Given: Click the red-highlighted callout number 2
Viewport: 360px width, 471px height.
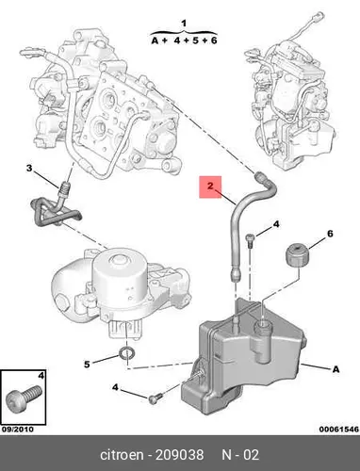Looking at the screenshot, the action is pos(210,186).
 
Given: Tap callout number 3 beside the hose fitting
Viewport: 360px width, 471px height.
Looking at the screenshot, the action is pos(29,169).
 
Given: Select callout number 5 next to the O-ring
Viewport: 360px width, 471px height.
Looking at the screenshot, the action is pos(87,365).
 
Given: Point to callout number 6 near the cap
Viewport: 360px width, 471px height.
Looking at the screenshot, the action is pos(330,234).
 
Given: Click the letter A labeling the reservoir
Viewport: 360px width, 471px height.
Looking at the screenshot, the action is pos(335,369).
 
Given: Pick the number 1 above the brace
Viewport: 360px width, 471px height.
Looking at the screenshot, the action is pos(184,24).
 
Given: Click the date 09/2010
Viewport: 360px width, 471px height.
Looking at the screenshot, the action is pos(18,430).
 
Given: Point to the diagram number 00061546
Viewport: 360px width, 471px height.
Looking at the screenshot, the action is pos(338,430).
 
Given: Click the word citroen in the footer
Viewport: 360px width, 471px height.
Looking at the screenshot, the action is pos(122,455).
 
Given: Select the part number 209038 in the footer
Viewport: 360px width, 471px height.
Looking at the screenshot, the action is pos(180,455).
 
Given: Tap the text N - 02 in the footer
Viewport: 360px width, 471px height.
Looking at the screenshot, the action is pos(240,455).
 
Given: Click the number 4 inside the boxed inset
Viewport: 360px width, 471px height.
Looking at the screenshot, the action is pos(41,375).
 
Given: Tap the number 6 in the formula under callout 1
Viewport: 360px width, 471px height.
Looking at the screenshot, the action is pos(214,41).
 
